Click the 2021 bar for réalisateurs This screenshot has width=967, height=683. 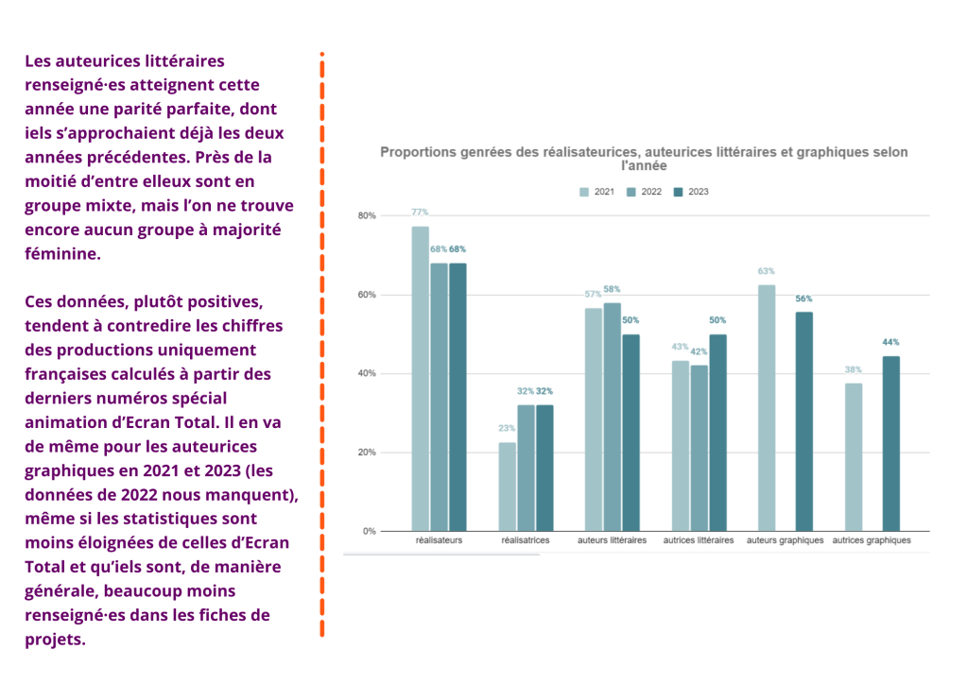(x=421, y=378)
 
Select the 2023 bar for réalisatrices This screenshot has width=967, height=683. (x=545, y=468)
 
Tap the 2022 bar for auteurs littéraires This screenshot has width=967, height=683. (x=613, y=417)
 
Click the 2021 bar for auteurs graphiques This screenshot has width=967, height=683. (x=767, y=407)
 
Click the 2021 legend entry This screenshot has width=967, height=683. (x=596, y=192)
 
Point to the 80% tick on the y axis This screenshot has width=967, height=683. (x=367, y=215)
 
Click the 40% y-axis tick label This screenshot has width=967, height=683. (x=367, y=373)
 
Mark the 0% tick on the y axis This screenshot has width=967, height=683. (x=370, y=531)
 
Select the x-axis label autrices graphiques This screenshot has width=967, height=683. (x=872, y=541)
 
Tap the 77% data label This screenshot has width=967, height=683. (x=420, y=212)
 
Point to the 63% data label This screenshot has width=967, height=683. (x=766, y=271)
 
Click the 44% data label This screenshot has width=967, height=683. (x=891, y=342)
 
